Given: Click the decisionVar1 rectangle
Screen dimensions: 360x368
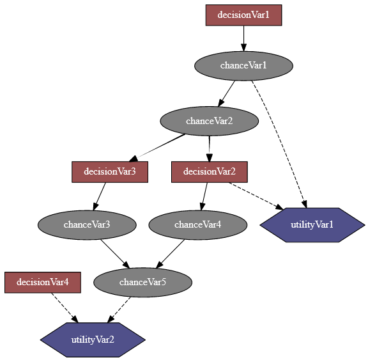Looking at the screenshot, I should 243,15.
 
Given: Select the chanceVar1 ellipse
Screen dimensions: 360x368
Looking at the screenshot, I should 243,65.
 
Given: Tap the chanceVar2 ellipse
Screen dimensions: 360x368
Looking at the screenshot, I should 209,121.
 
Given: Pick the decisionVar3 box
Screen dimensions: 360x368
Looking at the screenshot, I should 110,171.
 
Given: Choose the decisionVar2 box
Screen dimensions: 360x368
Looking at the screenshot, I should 210,171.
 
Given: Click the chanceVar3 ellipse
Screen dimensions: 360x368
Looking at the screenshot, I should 87,224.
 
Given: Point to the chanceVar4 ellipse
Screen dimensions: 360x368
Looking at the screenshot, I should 197,224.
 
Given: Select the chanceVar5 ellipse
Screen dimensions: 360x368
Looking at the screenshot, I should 142,283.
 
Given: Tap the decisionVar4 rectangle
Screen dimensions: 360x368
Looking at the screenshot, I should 43,282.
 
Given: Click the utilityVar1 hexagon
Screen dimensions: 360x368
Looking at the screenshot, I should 312,225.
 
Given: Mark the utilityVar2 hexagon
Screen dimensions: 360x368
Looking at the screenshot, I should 93,340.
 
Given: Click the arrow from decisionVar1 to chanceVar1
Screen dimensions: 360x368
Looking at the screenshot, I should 243,38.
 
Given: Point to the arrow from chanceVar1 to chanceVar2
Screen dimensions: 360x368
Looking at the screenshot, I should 227,93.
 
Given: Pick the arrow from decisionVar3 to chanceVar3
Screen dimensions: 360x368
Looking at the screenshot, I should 100,196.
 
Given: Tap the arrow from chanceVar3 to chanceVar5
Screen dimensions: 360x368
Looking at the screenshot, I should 115,253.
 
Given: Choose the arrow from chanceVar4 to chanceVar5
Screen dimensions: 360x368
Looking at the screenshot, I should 170,254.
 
